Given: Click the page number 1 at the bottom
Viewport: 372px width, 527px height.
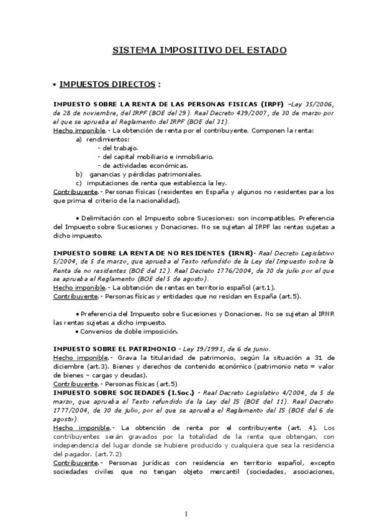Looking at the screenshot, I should pos(186,513).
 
